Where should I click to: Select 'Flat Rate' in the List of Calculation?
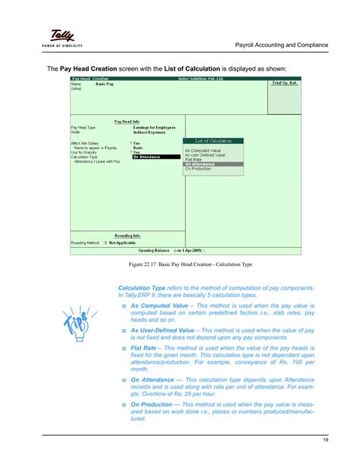point(194,160)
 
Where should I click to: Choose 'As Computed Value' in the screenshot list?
point(203,151)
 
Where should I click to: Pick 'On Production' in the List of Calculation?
point(197,169)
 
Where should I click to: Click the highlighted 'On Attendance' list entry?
point(200,164)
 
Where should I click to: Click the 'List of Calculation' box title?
point(213,141)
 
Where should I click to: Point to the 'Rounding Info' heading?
point(128,236)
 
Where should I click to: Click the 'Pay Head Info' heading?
point(128,120)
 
